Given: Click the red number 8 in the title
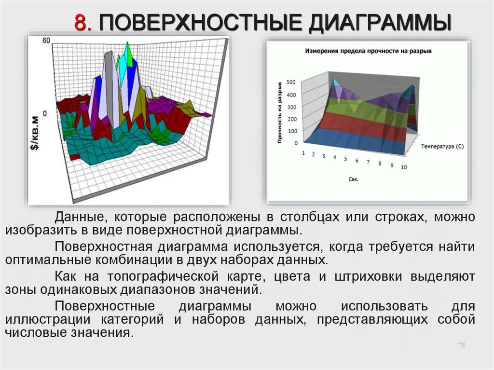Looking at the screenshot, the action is coord(83,23).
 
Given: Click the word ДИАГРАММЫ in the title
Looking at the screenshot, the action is coord(380,23).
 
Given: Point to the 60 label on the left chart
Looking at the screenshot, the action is coord(46,41).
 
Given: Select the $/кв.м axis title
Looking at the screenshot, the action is coord(35,133).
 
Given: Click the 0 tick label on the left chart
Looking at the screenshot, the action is coord(45,113).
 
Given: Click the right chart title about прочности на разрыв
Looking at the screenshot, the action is coord(368,51).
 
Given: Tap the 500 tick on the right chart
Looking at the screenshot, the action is coord(291,82).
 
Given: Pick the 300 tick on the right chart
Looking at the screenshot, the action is coord(292,107).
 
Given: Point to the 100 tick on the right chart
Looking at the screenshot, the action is coord(292,131).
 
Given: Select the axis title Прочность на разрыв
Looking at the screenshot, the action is coord(280,113).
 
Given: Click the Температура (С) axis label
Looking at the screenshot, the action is coord(442,147).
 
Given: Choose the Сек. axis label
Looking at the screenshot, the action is coord(354,179).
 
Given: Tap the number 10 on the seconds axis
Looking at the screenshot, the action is coord(404,167).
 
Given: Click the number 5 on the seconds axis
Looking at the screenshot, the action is coord(345,159).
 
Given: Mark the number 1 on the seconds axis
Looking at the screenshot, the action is coord(303,153).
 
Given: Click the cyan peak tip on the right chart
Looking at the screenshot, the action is coord(333,79).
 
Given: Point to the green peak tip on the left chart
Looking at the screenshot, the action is coord(127,42).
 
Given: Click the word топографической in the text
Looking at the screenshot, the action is coord(163,276).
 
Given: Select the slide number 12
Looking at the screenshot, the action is coord(462,345).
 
